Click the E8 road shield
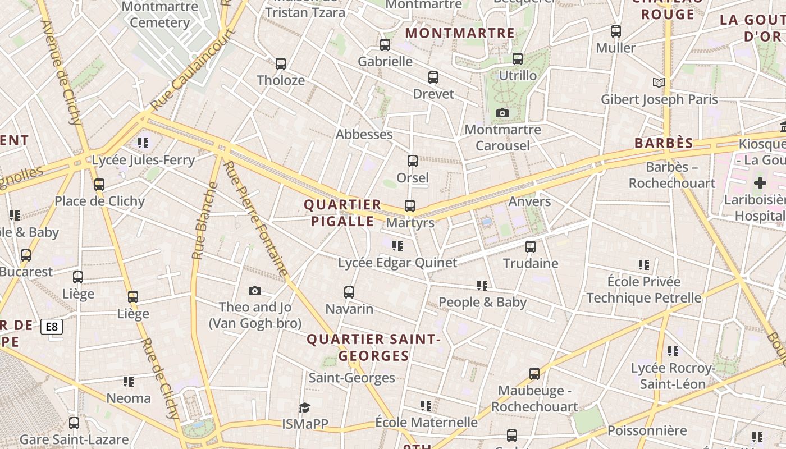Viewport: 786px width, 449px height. click(x=52, y=327)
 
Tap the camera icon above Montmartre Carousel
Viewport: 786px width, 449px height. click(x=502, y=113)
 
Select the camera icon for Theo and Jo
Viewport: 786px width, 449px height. click(x=255, y=291)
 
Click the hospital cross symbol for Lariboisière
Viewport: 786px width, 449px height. click(x=760, y=182)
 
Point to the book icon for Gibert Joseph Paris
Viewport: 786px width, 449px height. click(x=659, y=83)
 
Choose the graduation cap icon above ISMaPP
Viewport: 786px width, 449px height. click(x=304, y=407)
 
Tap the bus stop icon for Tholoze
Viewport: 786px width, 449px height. click(x=281, y=64)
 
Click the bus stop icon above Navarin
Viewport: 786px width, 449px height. click(x=349, y=292)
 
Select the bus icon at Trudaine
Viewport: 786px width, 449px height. click(x=531, y=246)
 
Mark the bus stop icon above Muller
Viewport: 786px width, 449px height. click(x=616, y=31)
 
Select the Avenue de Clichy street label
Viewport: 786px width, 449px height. click(x=62, y=73)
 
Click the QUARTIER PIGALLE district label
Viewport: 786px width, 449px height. click(x=343, y=213)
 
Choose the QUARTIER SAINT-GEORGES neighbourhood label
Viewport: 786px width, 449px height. click(x=374, y=347)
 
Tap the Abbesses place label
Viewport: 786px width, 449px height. click(x=364, y=135)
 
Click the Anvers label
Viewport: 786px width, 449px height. click(x=529, y=201)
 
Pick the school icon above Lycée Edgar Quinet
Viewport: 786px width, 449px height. click(x=397, y=246)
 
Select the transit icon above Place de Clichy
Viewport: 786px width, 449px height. click(x=99, y=184)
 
